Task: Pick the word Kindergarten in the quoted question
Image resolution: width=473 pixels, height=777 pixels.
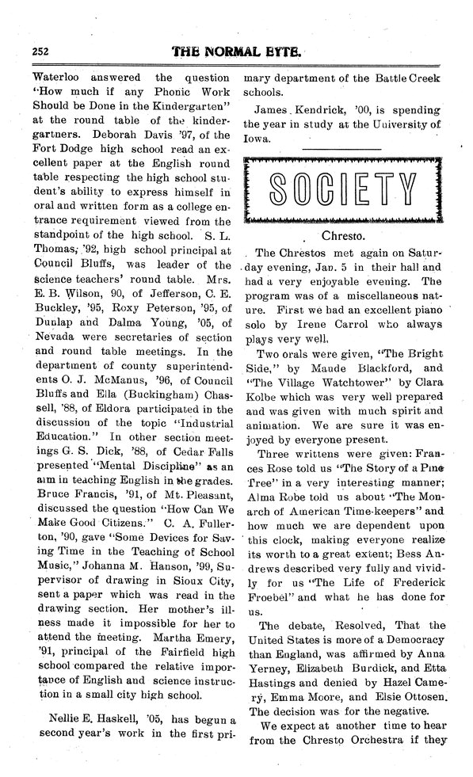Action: [x=188, y=106]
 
